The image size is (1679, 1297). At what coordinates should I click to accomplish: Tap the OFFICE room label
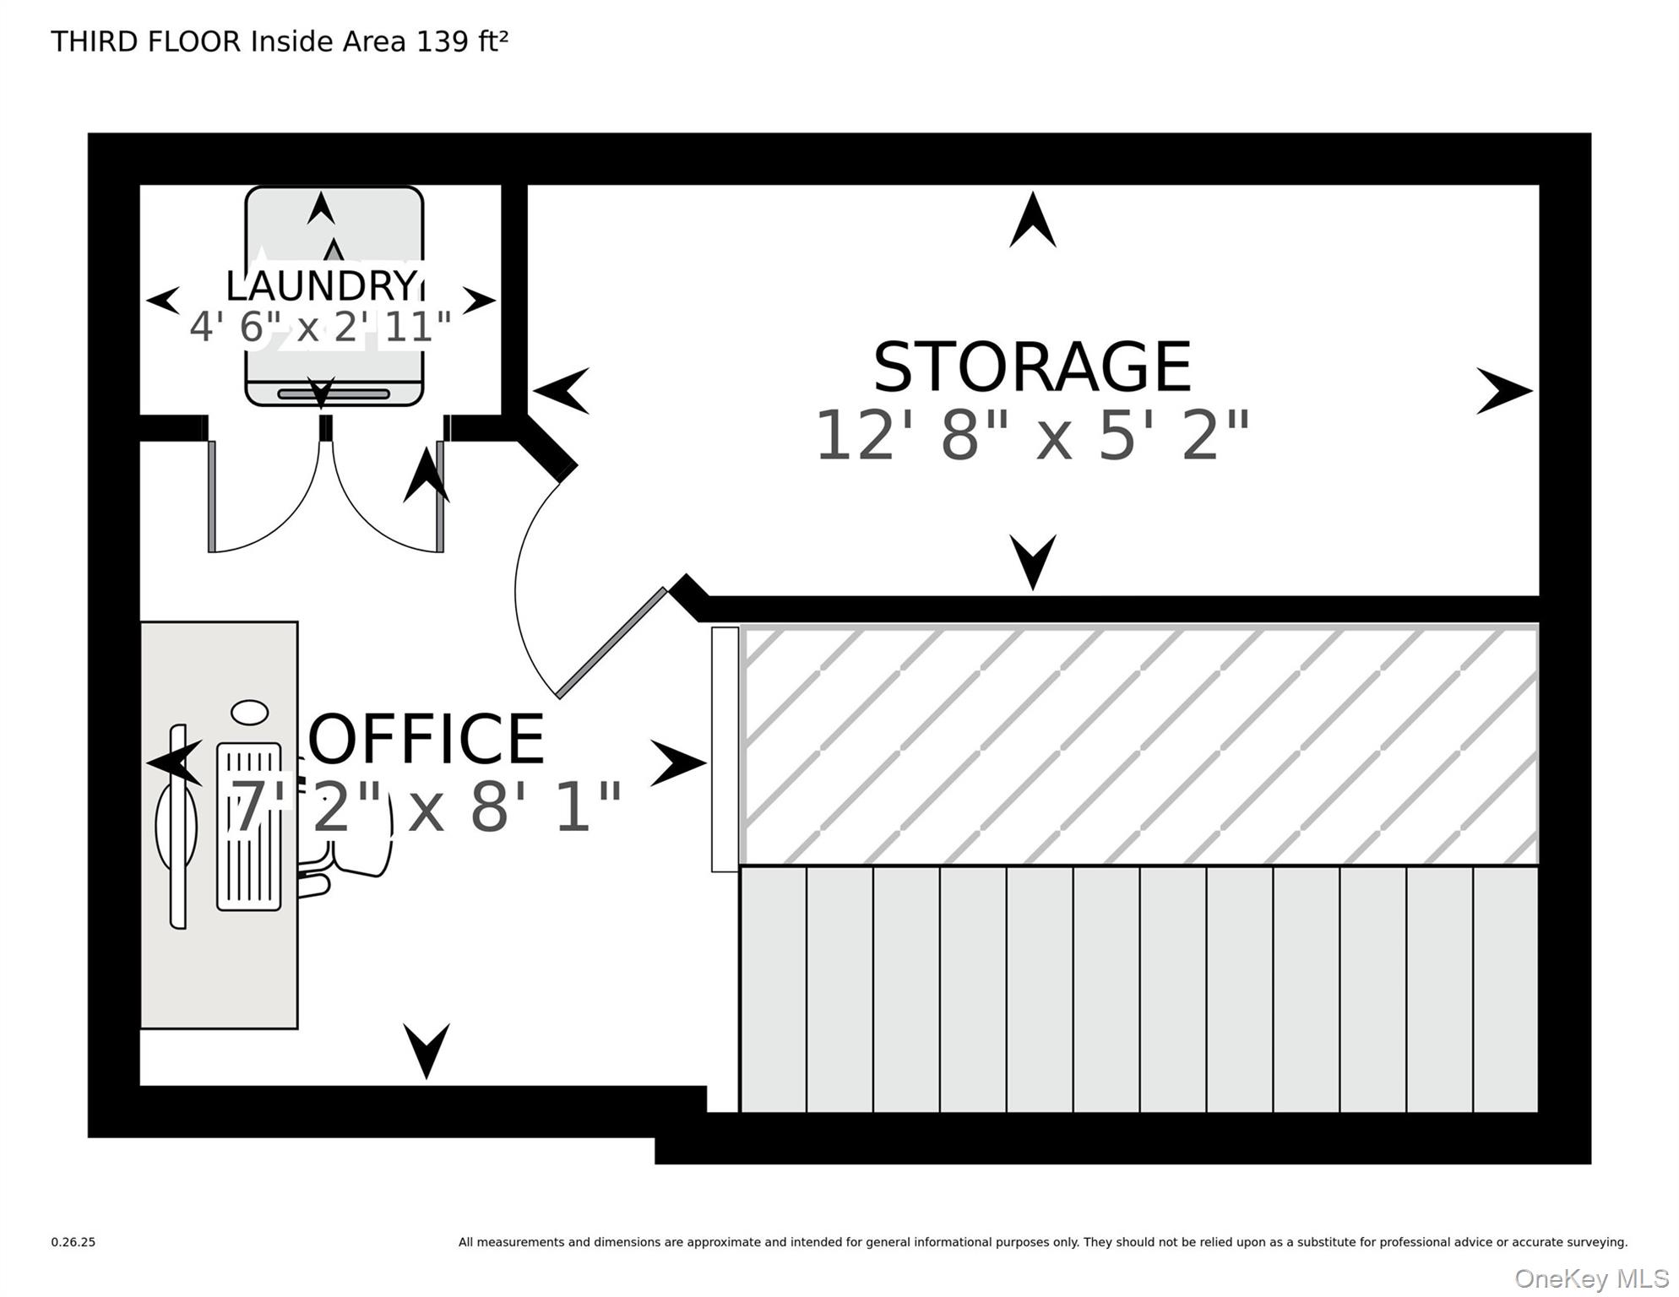pos(427,739)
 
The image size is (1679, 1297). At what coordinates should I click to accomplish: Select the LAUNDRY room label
pos(321,285)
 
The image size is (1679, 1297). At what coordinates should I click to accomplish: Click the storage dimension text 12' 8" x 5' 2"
pos(1031,436)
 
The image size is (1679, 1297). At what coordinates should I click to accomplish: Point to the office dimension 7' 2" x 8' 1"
pos(427,807)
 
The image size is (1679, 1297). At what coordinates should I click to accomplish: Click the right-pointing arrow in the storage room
pos(1503,391)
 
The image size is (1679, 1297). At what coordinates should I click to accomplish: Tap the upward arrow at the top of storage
pos(1032,221)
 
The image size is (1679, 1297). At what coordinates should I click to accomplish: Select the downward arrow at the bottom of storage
pos(1032,562)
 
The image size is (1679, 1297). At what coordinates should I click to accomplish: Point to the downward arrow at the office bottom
pos(426,1050)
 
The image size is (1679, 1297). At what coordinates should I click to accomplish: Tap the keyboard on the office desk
pos(248,826)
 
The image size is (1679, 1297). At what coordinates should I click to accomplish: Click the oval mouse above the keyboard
pos(249,713)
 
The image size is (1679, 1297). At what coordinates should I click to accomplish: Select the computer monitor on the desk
pos(177,826)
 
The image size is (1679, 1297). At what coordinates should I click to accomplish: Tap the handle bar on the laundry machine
pos(334,393)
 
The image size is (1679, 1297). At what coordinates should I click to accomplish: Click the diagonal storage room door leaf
pos(612,643)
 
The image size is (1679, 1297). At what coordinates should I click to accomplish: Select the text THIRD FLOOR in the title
pos(145,41)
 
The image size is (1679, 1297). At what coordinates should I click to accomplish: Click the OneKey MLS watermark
pos(1590,1278)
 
